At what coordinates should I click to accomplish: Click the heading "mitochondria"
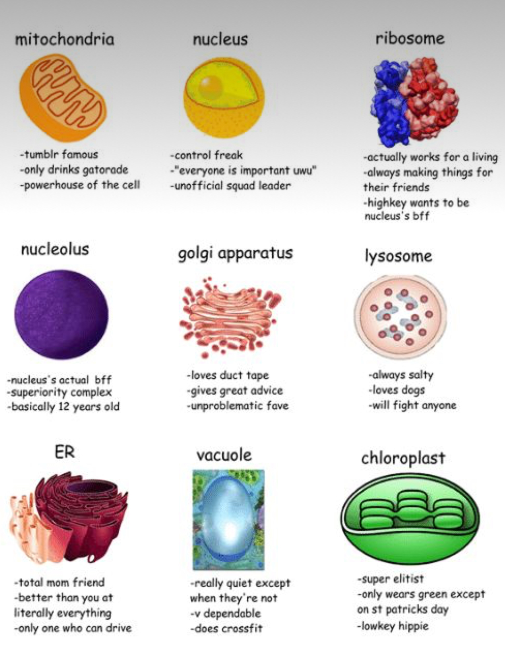(x=65, y=40)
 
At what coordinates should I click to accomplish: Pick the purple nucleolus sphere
(x=61, y=315)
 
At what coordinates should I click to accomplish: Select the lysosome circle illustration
(x=400, y=317)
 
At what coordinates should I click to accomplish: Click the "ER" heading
(x=65, y=452)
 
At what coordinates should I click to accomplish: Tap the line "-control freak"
(x=206, y=155)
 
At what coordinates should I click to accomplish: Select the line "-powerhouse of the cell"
(x=80, y=184)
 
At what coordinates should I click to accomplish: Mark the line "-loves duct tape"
(x=228, y=375)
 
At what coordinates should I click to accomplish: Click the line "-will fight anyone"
(x=412, y=405)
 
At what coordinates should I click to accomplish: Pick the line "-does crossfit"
(x=226, y=629)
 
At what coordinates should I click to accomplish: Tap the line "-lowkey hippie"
(x=393, y=627)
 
